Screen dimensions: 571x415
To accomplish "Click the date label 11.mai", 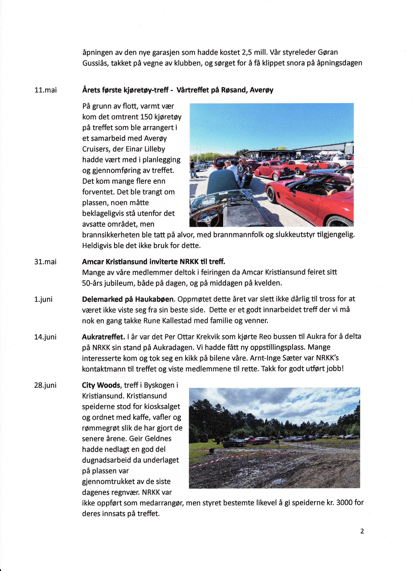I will coord(45,90).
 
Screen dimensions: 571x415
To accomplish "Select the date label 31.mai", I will coord(45,262).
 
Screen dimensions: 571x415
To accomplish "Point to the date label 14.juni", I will coord(45,337).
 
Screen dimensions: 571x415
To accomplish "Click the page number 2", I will coord(362,531).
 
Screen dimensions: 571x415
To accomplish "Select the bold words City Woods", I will coord(102,385).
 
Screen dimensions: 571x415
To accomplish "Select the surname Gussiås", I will coord(95,63).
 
